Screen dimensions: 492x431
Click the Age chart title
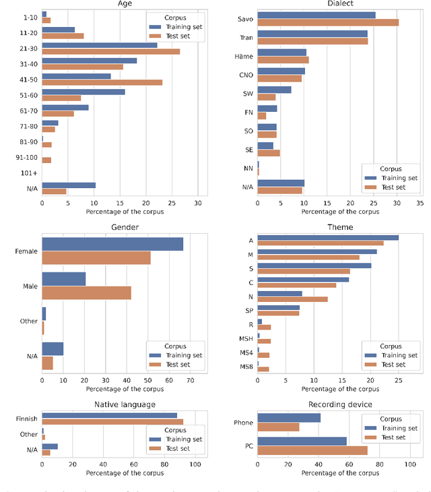coord(125,4)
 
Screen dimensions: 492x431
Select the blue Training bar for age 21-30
coord(100,45)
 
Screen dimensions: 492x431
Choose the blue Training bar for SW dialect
coord(274,90)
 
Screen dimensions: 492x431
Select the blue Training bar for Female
coord(112,244)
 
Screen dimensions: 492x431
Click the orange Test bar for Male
coord(86,293)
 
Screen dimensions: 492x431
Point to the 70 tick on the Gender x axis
coord(190,380)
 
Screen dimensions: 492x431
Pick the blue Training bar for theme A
coord(328,237)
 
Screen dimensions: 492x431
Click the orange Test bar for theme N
coord(292,299)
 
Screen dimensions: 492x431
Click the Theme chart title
coord(340,227)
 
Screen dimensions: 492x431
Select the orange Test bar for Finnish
coord(112,422)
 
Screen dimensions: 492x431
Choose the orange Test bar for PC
coord(312,450)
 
